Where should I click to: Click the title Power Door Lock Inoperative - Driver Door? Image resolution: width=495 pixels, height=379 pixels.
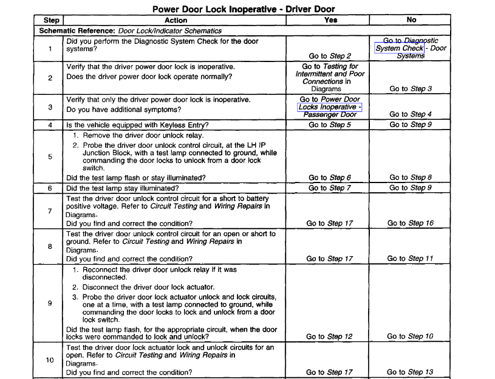point(243,9)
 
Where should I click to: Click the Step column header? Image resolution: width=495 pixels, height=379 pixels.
point(52,20)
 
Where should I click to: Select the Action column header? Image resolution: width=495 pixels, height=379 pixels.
point(176,20)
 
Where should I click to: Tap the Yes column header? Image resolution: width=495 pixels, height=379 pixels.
point(330,20)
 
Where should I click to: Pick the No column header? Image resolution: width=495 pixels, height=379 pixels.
point(411,20)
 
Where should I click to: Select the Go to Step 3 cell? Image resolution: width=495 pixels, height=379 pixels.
point(411,89)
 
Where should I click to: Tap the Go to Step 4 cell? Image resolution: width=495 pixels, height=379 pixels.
point(411,114)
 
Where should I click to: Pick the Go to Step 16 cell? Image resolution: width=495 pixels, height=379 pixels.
point(411,223)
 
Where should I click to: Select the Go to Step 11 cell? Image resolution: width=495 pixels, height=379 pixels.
point(411,259)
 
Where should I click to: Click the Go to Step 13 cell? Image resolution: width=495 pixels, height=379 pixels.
point(411,372)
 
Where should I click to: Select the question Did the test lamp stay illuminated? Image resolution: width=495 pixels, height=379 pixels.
point(122,189)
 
